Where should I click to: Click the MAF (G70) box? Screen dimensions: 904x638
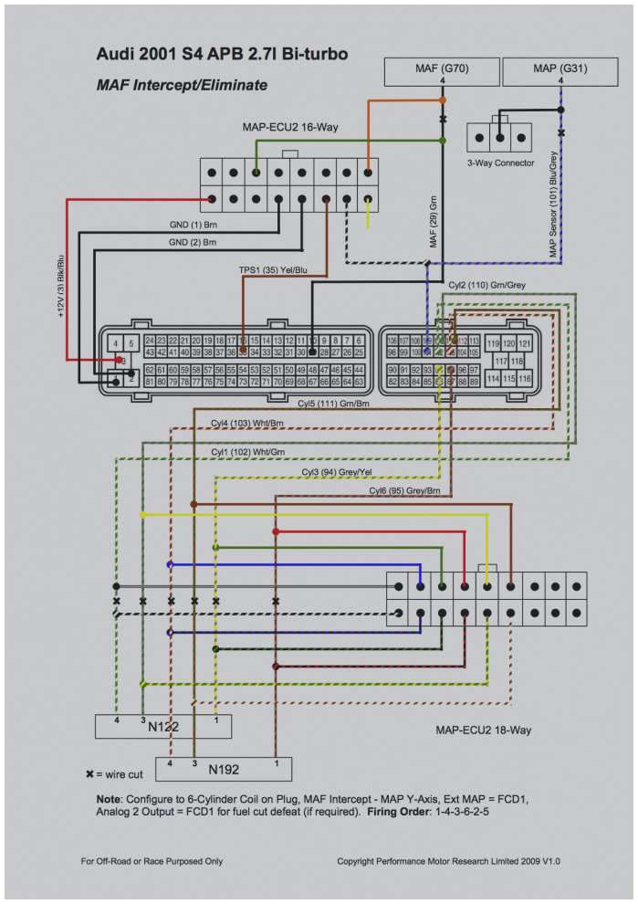tap(443, 68)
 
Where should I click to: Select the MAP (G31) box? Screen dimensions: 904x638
tap(560, 68)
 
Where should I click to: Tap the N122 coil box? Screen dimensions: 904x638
tap(163, 726)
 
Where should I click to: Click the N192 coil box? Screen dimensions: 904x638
tap(224, 769)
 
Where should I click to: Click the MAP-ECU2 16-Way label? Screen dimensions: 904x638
tap(289, 127)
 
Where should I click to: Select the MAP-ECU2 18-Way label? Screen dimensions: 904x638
tap(483, 730)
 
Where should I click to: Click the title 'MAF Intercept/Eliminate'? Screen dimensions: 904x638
tap(182, 85)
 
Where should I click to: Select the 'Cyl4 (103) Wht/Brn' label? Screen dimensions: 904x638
tap(247, 423)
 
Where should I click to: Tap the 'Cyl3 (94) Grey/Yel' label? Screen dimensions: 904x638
tap(337, 471)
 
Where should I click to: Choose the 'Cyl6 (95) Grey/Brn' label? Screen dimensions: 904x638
tap(404, 490)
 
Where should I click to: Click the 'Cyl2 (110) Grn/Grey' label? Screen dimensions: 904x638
tap(486, 284)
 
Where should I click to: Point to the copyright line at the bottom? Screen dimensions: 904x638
tap(448, 860)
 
